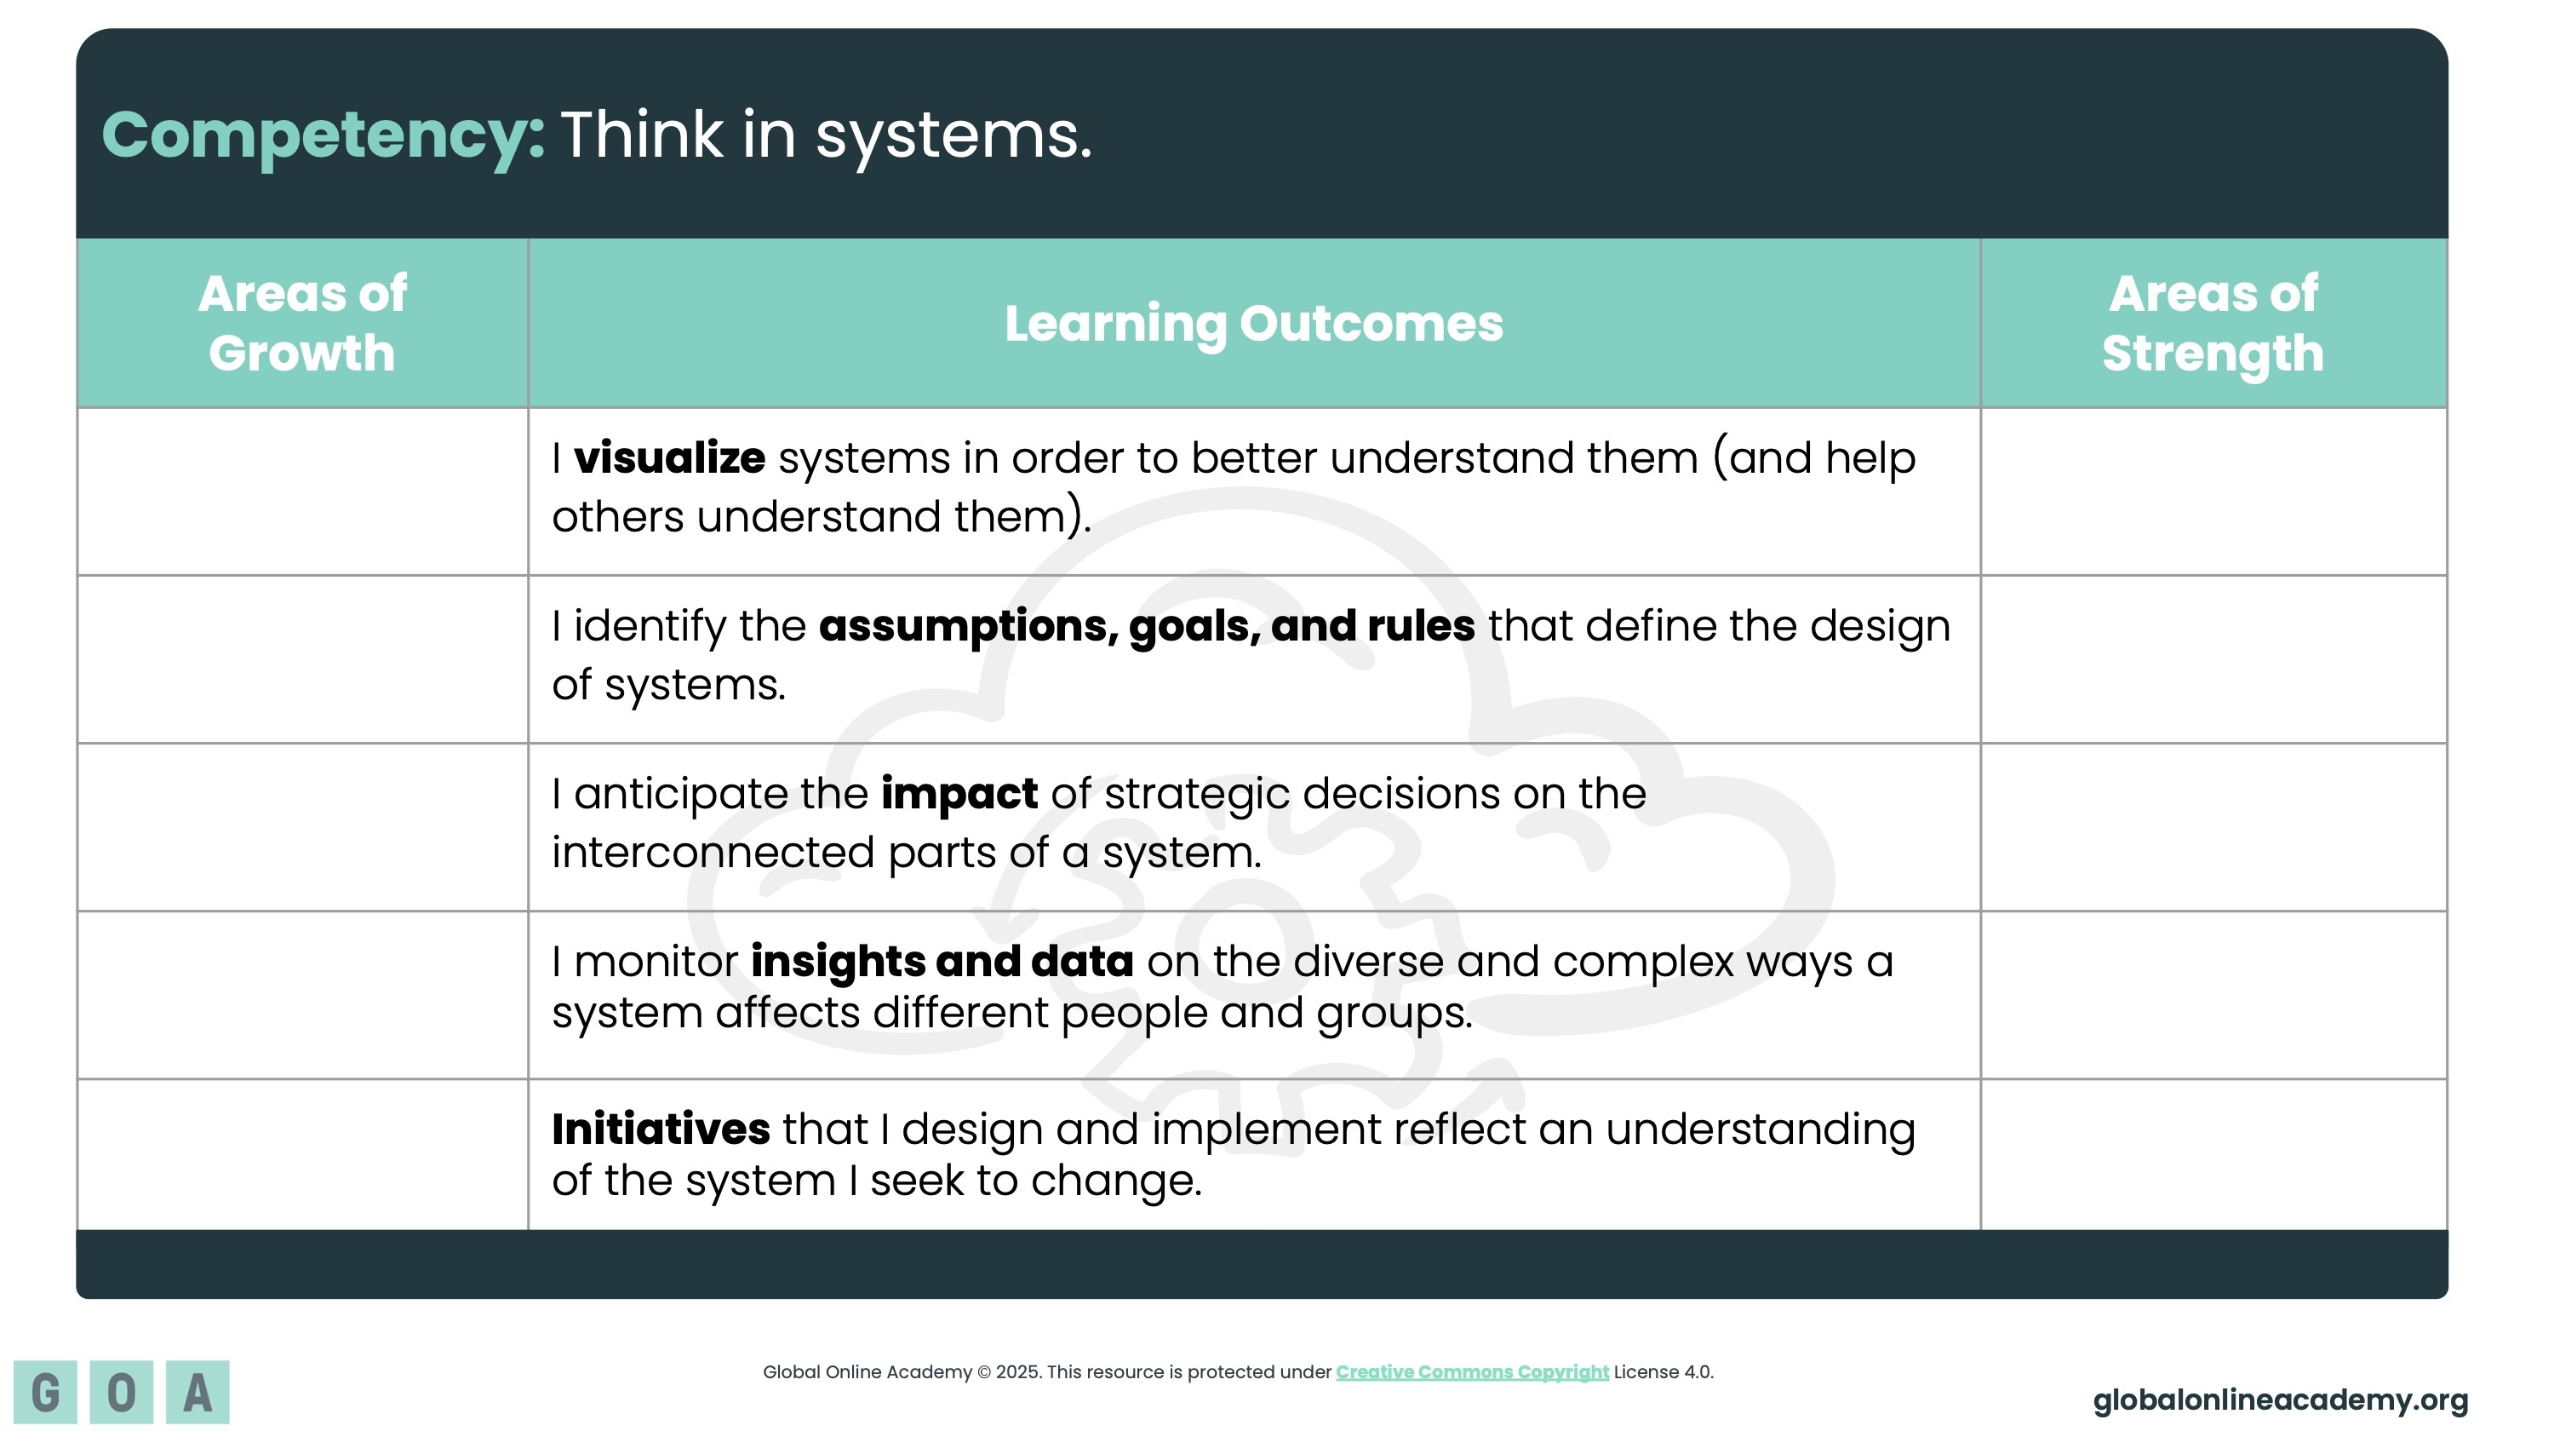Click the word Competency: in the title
[324, 136]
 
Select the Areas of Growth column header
[302, 324]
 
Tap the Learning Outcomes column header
[1254, 324]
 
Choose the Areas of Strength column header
[2213, 324]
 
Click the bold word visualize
[669, 458]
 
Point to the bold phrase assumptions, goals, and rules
[1147, 627]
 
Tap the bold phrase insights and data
[942, 961]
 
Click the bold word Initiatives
[661, 1129]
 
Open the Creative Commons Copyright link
[1472, 1371]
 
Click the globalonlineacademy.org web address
[2281, 1400]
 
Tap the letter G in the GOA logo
[46, 1393]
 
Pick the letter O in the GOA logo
[121, 1393]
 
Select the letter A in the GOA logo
[198, 1393]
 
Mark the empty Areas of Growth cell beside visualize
[302, 491]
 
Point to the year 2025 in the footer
[1017, 1372]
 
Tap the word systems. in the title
[953, 137]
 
